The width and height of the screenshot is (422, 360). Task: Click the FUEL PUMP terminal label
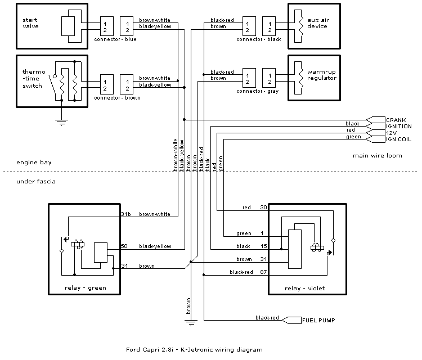click(318, 320)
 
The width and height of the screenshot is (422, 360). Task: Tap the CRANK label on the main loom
click(396, 120)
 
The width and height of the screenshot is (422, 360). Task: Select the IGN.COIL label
click(398, 139)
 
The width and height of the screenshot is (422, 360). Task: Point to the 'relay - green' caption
click(86, 288)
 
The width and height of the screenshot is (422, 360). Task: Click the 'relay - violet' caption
click(304, 289)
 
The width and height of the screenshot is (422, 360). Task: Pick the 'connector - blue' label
click(115, 39)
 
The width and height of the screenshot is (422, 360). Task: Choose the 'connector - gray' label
click(258, 91)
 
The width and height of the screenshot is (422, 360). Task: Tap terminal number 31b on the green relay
click(126, 214)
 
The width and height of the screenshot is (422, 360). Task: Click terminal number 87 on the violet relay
click(263, 272)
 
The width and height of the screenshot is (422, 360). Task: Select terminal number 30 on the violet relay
click(263, 208)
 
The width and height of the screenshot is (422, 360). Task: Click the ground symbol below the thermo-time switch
click(61, 123)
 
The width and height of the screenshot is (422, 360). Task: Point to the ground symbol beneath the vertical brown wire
click(191, 323)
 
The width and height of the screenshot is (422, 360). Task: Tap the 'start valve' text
click(30, 23)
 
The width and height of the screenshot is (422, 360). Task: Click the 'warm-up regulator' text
click(322, 75)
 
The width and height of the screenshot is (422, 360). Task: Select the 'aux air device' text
click(318, 23)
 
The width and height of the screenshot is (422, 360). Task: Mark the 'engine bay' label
click(34, 162)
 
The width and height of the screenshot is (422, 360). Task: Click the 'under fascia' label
click(36, 181)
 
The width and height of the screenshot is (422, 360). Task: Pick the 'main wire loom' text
click(378, 155)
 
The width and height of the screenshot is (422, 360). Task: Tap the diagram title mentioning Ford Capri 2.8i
click(194, 349)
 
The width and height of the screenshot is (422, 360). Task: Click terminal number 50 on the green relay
click(124, 246)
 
